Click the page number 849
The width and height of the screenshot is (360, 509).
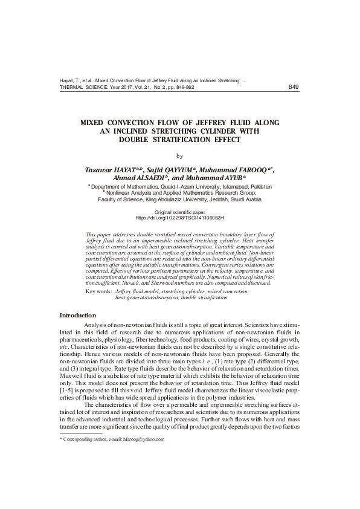[x=294, y=87]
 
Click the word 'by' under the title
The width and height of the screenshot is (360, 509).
[x=179, y=156]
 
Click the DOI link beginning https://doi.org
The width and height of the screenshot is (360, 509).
[x=179, y=217]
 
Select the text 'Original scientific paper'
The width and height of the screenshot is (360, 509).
[x=179, y=212]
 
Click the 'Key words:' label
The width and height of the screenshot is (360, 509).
[x=99, y=291]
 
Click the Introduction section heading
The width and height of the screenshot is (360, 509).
[x=77, y=316]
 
